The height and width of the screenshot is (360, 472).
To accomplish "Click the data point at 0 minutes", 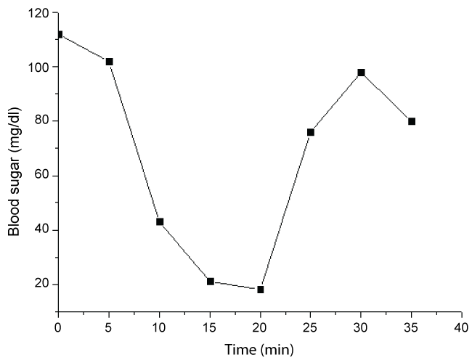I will (59, 34).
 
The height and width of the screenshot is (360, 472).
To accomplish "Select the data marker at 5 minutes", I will (109, 62).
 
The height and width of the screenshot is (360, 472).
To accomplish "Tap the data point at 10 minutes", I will (160, 221).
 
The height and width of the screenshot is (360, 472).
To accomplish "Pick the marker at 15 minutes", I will (210, 281).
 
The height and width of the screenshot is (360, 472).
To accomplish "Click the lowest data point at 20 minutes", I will (260, 289).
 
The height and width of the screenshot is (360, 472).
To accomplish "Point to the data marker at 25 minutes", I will (311, 132).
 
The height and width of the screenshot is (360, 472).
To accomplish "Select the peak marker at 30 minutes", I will (361, 73).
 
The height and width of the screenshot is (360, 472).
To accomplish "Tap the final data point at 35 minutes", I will (412, 121).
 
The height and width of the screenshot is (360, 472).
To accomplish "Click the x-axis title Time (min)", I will (259, 351).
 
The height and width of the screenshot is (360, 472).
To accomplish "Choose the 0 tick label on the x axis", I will (58, 329).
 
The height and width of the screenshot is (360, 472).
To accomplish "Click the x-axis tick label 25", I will (311, 329).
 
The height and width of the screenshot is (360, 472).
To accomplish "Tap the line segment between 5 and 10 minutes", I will (134, 142).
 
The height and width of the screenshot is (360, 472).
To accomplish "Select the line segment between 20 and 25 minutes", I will (285, 210).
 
